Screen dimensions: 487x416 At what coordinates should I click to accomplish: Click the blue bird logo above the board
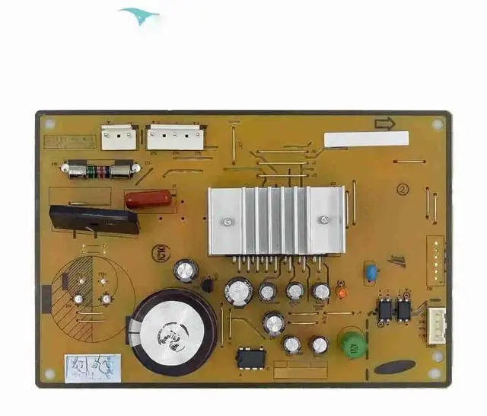tap(139, 15)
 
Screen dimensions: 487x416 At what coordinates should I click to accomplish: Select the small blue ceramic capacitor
tap(371, 272)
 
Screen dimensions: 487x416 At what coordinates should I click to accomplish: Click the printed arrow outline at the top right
tap(385, 123)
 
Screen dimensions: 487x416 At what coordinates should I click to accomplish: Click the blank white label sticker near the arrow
tap(366, 139)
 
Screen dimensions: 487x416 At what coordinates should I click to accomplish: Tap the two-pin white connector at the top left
tap(119, 137)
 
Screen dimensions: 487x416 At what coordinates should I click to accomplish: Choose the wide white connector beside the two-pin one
tap(175, 137)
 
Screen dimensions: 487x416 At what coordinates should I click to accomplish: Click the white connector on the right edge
tap(437, 323)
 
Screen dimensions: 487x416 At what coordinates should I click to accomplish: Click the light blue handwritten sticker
tap(90, 366)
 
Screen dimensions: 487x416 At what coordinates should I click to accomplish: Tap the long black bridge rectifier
tap(94, 219)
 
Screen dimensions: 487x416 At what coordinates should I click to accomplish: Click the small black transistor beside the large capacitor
tap(206, 285)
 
